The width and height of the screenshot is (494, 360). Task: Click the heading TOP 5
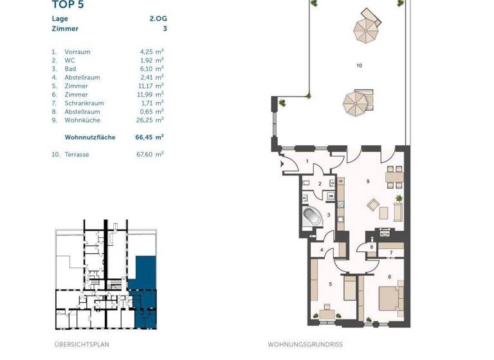coord(68,5)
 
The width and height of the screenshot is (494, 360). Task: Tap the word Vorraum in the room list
coord(77,51)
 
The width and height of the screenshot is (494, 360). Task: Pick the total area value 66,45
coord(147,137)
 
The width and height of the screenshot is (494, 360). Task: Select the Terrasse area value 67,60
coord(148,154)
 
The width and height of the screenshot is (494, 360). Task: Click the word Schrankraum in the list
coord(84,103)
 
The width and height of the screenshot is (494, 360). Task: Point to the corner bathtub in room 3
coord(312,215)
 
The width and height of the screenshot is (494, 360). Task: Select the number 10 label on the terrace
coord(359,66)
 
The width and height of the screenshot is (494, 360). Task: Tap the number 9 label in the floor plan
coord(368,182)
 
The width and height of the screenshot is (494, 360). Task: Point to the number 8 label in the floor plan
coord(372,247)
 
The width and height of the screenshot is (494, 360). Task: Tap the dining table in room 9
coord(394,175)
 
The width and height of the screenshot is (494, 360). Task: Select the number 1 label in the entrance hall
coord(307,161)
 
